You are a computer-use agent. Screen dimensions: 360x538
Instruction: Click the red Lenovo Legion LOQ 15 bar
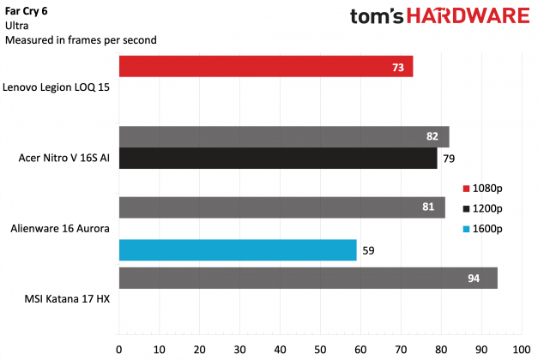click(266, 66)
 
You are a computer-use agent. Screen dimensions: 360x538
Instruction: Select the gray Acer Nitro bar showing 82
click(284, 136)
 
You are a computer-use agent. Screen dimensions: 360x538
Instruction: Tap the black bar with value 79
click(278, 158)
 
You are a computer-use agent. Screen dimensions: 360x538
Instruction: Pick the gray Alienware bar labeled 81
click(282, 207)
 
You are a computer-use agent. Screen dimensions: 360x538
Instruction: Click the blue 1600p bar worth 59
click(238, 250)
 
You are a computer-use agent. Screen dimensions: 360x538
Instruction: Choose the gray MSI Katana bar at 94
click(308, 278)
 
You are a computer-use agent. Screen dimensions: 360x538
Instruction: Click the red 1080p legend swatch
click(466, 189)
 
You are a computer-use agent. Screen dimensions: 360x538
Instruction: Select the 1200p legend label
click(488, 208)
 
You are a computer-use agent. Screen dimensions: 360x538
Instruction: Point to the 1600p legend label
click(488, 229)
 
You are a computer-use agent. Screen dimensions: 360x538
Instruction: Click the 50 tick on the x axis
click(320, 350)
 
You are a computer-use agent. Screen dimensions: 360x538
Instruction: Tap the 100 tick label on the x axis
click(520, 350)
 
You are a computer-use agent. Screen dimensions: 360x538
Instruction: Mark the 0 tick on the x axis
click(119, 350)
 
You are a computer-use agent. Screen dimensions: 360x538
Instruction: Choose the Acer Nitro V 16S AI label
click(63, 158)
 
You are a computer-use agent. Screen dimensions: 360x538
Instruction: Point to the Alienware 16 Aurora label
click(57, 229)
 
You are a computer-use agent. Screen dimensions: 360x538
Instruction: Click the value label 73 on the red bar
click(398, 66)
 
